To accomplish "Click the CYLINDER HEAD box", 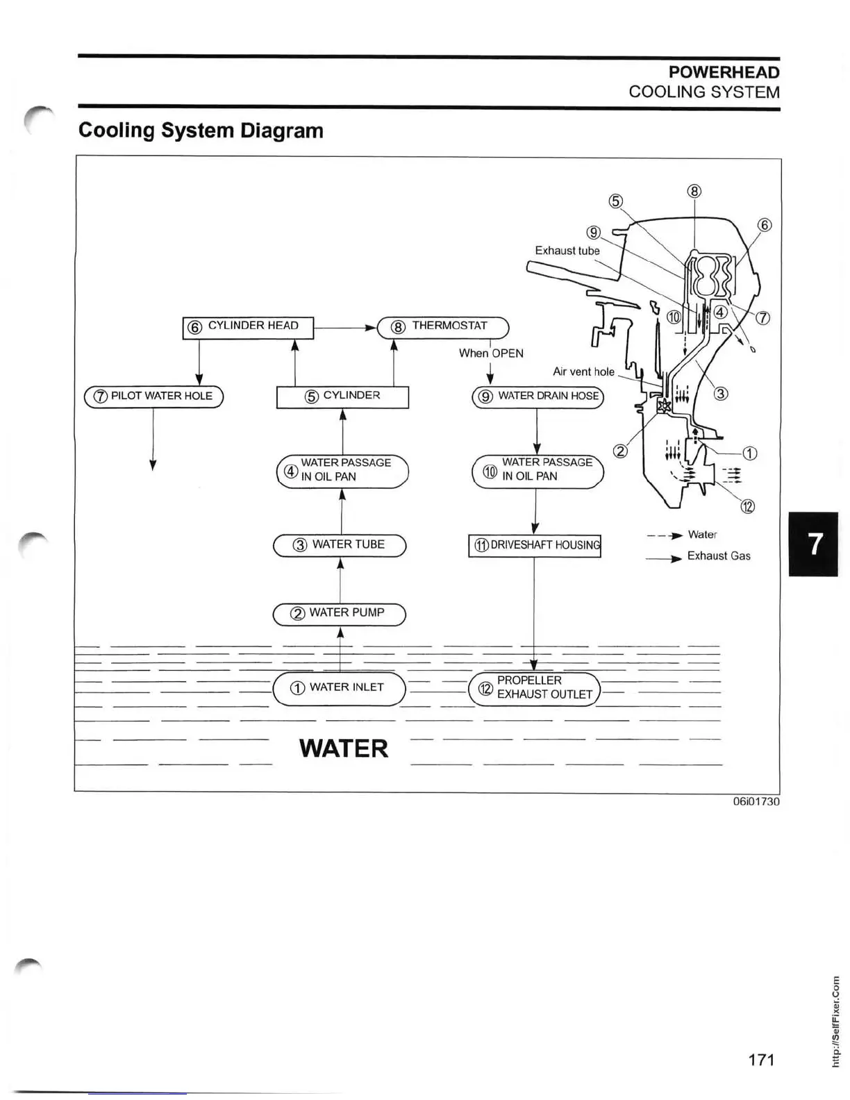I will [248, 327].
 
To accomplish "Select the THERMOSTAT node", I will [443, 326].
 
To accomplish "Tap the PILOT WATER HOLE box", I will [153, 397].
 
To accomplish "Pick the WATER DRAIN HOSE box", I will [538, 397].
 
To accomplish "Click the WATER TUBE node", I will [340, 545].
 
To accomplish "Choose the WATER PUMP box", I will [339, 614].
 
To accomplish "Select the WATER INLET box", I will [339, 688].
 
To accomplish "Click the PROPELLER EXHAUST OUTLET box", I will [534, 688].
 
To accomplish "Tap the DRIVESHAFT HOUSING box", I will [535, 546].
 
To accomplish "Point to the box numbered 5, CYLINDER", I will [342, 397].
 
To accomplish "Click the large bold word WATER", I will [344, 749].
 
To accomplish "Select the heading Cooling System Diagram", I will [201, 131].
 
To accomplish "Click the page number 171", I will [761, 1060].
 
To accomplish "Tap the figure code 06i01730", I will [756, 801].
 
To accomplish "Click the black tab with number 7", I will [813, 544].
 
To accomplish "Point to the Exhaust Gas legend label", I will [719, 556].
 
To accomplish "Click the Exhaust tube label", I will [567, 251].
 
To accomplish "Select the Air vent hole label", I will [583, 372].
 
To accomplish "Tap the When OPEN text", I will [491, 353].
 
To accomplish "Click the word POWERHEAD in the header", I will [724, 72].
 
